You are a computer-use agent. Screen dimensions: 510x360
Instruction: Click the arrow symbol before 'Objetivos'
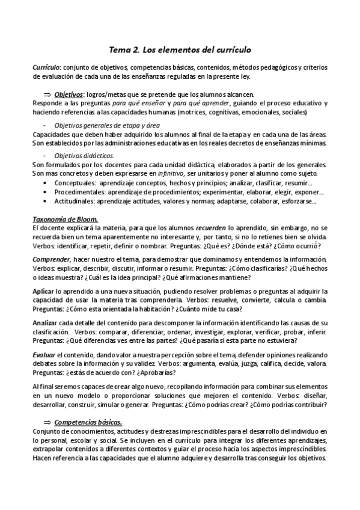pyautogui.click(x=47, y=94)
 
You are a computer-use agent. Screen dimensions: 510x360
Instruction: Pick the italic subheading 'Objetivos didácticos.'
pyautogui.click(x=84, y=155)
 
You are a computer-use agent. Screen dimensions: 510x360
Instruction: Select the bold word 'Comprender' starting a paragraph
pyautogui.click(x=51, y=259)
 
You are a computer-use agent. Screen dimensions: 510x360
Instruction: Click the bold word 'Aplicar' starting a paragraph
pyautogui.click(x=43, y=292)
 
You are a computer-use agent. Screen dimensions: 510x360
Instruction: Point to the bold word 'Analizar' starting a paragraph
pyautogui.click(x=45, y=323)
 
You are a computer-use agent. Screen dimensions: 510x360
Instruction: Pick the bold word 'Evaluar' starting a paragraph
pyautogui.click(x=44, y=355)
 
